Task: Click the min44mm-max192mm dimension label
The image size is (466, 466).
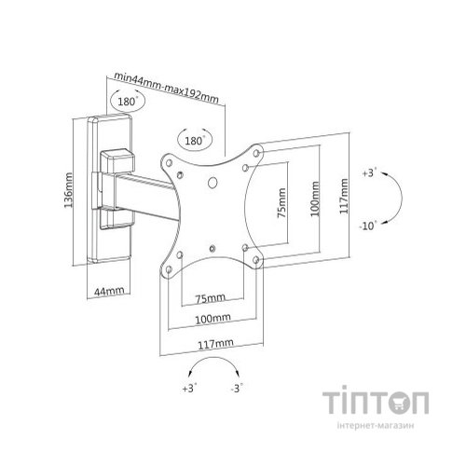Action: [x=167, y=87]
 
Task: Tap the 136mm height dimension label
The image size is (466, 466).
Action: [x=68, y=190]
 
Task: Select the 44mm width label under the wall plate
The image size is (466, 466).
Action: [x=109, y=291]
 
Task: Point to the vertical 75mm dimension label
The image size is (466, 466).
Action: [x=281, y=203]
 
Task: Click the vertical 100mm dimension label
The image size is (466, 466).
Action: [x=315, y=199]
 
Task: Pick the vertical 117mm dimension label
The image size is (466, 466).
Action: [x=344, y=196]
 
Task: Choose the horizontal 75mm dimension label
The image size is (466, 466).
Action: [x=210, y=298]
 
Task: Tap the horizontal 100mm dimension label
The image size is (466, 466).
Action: [x=212, y=319]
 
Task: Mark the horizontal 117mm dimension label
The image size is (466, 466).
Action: [x=215, y=344]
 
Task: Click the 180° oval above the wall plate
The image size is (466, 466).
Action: [x=128, y=101]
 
